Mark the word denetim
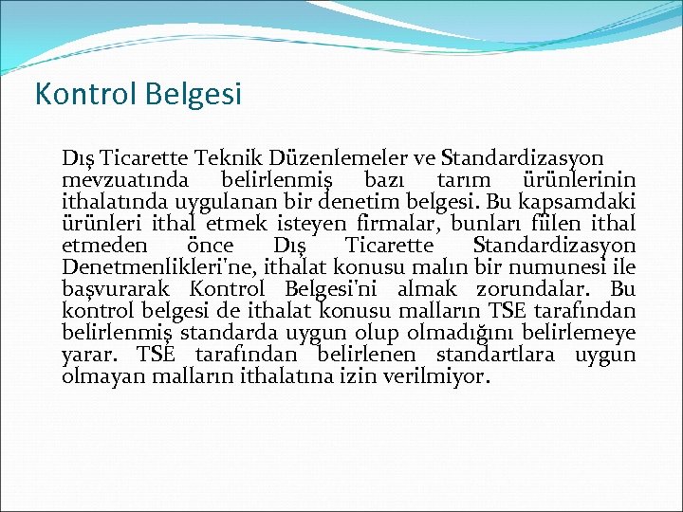point(369,202)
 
